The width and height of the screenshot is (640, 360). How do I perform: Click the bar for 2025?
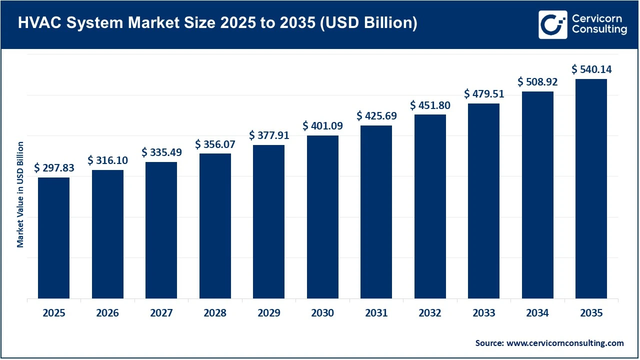(53, 238)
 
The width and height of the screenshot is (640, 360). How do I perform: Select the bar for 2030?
(322, 217)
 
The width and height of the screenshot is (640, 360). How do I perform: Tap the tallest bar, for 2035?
(591, 188)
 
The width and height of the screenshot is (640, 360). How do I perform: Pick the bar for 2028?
(215, 226)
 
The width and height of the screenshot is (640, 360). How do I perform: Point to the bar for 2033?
(483, 201)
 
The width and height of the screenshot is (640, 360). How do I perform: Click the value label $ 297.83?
(54, 168)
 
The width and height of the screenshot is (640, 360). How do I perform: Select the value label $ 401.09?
(322, 125)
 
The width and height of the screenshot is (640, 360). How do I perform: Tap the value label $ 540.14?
(591, 69)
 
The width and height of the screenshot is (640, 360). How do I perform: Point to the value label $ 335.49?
(161, 152)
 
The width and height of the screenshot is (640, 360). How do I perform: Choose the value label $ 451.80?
(430, 105)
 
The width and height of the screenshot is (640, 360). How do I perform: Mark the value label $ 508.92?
(537, 81)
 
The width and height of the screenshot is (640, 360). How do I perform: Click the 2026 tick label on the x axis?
(107, 313)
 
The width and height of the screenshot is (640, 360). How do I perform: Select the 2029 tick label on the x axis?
(269, 313)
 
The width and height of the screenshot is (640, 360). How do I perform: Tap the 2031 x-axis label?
(376, 313)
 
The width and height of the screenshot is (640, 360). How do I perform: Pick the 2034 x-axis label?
(537, 313)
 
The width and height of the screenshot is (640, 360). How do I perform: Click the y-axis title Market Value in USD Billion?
(20, 194)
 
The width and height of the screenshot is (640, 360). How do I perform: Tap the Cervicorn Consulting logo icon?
(552, 24)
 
